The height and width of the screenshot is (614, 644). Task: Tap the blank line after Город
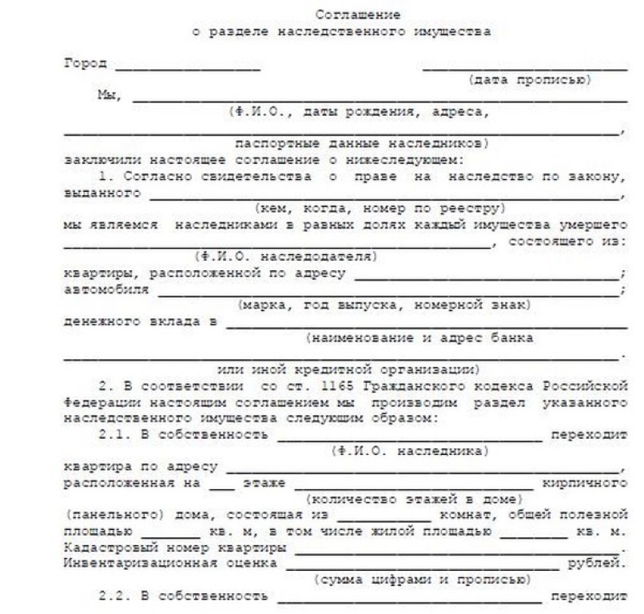pos(187,67)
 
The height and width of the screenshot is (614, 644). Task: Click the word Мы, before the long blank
pos(108,97)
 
